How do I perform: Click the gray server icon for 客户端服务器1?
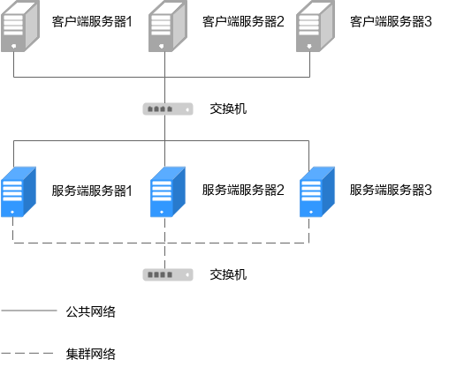point(20,26)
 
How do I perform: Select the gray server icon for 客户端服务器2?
point(168,26)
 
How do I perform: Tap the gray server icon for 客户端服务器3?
point(316,26)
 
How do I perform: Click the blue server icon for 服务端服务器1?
point(19,192)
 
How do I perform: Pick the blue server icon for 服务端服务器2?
point(168,192)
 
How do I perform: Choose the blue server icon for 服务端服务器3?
point(317,192)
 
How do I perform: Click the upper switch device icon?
point(168,109)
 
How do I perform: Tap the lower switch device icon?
point(168,275)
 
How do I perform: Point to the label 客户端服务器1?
point(92,21)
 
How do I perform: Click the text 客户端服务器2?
point(243,21)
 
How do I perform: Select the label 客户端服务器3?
point(391,21)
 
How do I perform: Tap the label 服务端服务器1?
point(92,191)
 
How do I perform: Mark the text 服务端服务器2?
point(243,190)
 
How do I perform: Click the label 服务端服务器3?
point(391,190)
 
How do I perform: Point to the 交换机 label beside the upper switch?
point(228,109)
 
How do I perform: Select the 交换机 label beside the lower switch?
point(228,274)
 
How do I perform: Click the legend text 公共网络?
point(91,311)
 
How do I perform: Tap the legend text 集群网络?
point(91,354)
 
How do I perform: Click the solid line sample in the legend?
point(29,311)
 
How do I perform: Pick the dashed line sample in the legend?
point(27,353)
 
